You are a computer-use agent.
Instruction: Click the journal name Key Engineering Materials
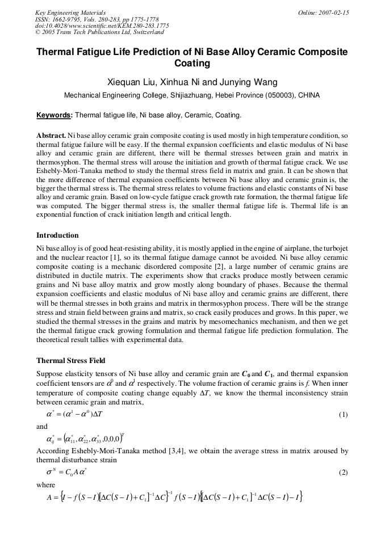pos(70,12)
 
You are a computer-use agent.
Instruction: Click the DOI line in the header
pos(102,26)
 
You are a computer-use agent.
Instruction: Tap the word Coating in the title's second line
pos(192,64)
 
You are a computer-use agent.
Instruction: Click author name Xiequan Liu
pos(132,82)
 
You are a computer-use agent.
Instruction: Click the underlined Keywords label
pos(54,115)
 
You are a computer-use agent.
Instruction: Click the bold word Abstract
pos(51,136)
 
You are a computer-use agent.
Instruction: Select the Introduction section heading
pos(57,235)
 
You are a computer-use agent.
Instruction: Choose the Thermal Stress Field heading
pos(70,360)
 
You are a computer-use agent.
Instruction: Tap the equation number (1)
pos(343,415)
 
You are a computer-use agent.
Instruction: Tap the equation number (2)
pos(343,472)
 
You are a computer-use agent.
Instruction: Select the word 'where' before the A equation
pos(45,486)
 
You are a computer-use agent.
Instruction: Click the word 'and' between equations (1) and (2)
pos(42,427)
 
